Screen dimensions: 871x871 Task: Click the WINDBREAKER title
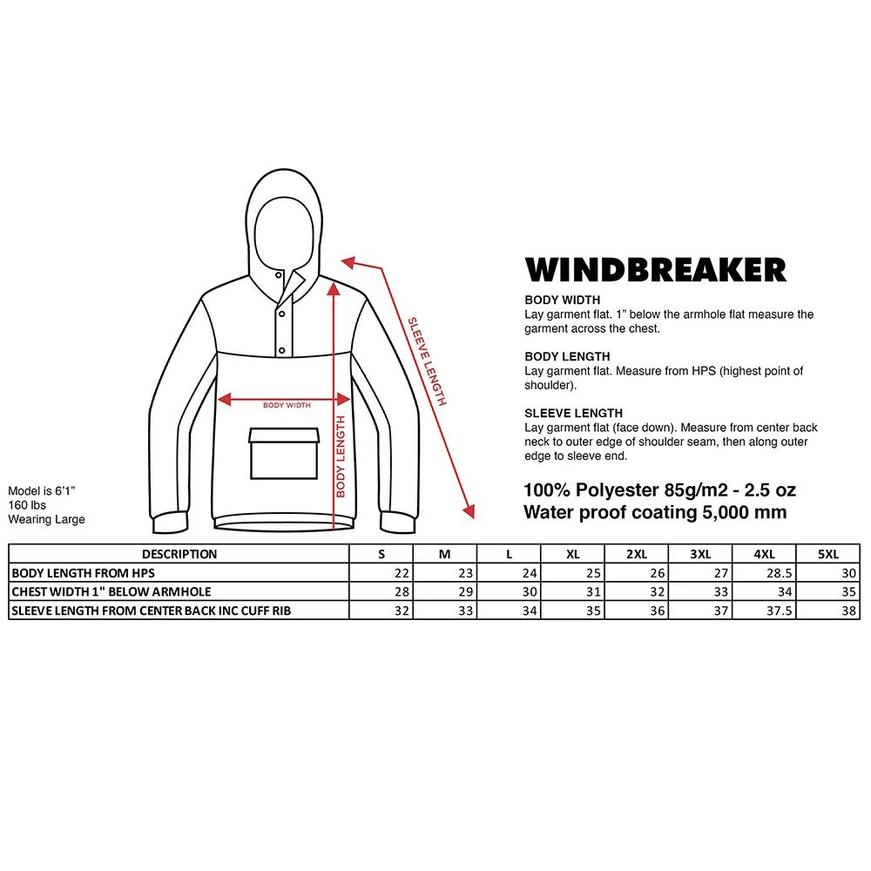click(x=655, y=269)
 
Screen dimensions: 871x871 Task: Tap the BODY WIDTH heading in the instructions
click(x=563, y=300)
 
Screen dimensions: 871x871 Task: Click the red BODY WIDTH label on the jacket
click(x=287, y=405)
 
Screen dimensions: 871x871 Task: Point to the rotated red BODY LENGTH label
click(x=341, y=456)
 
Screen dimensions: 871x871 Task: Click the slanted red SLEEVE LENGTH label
click(x=428, y=360)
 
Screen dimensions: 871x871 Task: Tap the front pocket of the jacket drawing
click(x=285, y=453)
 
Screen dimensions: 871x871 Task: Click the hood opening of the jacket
click(x=280, y=228)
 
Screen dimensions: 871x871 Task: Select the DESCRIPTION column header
click(x=179, y=554)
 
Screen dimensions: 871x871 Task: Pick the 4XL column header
click(x=764, y=554)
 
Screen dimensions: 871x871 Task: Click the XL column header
click(x=572, y=554)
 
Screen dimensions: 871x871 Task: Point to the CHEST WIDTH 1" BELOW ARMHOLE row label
click(x=111, y=592)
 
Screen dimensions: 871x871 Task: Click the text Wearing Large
click(x=47, y=519)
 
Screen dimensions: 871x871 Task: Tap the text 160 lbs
click(x=27, y=505)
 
